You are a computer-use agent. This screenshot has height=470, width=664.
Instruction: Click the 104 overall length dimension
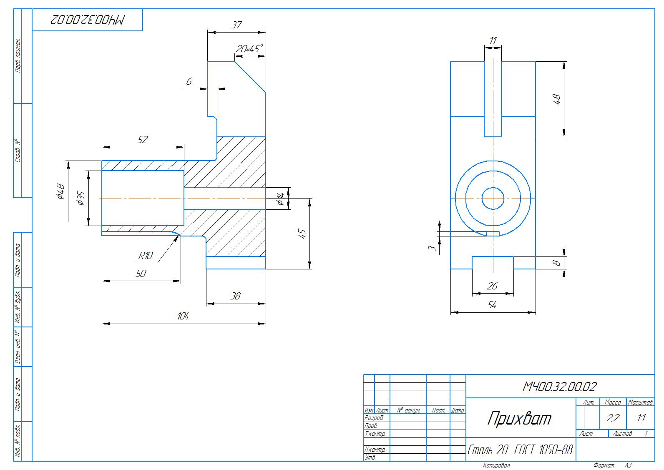pos(183,317)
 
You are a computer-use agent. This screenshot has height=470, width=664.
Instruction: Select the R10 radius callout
pos(146,256)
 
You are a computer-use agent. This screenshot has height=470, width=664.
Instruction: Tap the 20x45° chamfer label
pos(249,49)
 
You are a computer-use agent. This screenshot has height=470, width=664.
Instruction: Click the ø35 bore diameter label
pos(81,199)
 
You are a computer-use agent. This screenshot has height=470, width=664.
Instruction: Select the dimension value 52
pos(143,139)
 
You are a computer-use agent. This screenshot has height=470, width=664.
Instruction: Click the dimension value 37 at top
pos(236,25)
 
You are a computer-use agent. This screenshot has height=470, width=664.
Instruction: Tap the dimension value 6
pos(189,82)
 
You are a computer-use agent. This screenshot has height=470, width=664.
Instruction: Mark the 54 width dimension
pos(492,305)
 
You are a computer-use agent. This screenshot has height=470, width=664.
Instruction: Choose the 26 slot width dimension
pos(492,286)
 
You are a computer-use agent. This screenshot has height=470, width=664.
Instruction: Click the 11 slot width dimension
pos(493,40)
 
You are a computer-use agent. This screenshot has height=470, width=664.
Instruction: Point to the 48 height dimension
pos(556,99)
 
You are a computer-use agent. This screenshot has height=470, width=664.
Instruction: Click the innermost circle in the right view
pos(493,199)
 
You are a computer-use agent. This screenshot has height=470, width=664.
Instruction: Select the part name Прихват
pos(520,418)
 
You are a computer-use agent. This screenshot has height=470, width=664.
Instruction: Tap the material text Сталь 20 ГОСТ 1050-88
pos(520,450)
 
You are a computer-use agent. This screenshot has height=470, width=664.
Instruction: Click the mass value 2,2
pos(613,418)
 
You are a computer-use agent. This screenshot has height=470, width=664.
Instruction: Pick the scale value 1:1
pos(641,418)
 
